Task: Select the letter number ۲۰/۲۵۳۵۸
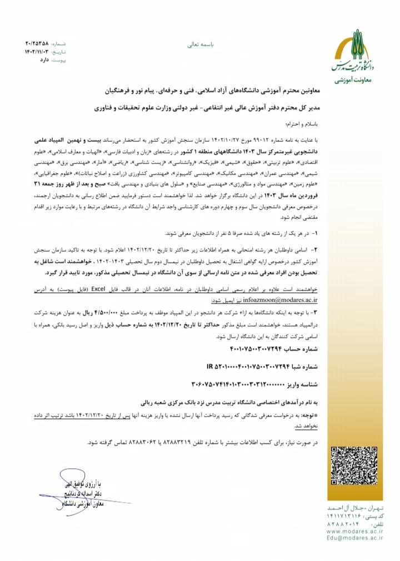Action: pos(37,42)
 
